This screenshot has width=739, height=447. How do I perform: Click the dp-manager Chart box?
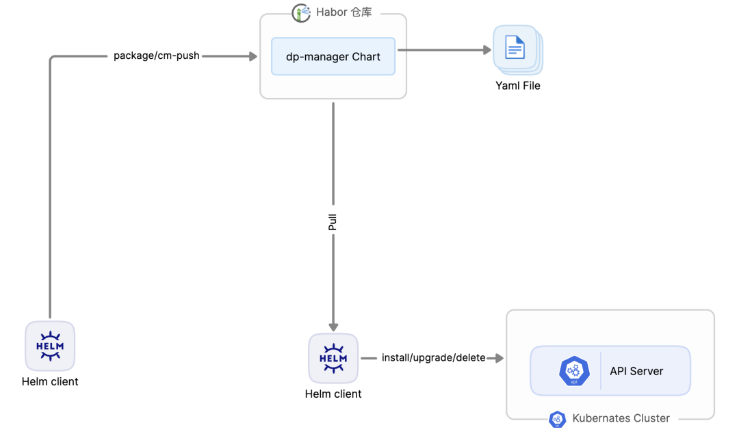333,57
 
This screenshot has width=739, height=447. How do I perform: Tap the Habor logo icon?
301,13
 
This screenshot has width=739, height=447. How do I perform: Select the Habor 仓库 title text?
344,12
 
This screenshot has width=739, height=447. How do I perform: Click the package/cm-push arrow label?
157,55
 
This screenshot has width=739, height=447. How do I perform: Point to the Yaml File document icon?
517,49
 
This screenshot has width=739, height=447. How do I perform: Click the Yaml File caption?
518,86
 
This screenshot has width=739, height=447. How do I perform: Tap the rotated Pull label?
333,222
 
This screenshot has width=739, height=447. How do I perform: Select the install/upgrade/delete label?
434,358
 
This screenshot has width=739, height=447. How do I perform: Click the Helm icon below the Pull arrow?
333,359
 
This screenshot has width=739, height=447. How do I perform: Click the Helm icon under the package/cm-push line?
50,346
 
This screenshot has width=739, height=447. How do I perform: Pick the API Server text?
636,371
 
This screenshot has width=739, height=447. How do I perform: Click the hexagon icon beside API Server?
574,370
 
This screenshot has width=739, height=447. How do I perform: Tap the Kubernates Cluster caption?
621,418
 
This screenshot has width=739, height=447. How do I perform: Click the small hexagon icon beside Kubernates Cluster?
557,419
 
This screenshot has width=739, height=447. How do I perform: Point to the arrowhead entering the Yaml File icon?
487,50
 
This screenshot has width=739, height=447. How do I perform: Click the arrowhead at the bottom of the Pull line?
333,327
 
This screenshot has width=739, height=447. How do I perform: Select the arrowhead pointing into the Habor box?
253,57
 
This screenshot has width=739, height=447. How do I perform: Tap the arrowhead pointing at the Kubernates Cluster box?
500,359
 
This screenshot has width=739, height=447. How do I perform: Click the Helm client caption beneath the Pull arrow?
333,394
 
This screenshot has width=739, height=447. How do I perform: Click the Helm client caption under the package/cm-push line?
50,382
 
